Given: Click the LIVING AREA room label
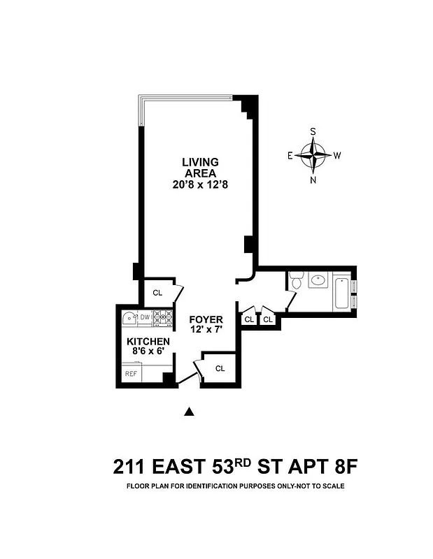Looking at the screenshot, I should [x=200, y=168].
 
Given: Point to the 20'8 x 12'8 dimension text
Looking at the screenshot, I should [x=200, y=185].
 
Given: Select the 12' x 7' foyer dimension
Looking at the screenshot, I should [x=206, y=329].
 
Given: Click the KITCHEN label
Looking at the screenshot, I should [x=148, y=341].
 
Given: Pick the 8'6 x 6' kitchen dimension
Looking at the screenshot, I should [x=148, y=351].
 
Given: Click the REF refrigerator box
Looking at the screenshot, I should [x=131, y=374].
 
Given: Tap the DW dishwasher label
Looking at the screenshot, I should [x=145, y=317].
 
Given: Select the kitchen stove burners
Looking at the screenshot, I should [x=162, y=318].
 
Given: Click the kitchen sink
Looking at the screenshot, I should [x=129, y=319].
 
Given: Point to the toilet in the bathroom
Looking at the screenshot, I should [x=296, y=282].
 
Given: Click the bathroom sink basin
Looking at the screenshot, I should [x=318, y=280].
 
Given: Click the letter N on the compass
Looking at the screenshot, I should [x=313, y=180].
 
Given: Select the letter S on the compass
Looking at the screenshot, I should [x=313, y=131].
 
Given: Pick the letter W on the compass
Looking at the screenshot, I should [x=337, y=155].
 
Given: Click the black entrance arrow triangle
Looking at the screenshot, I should [x=187, y=412].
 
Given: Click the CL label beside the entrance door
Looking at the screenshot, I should [x=220, y=368].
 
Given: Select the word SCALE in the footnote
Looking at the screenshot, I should [x=333, y=486].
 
